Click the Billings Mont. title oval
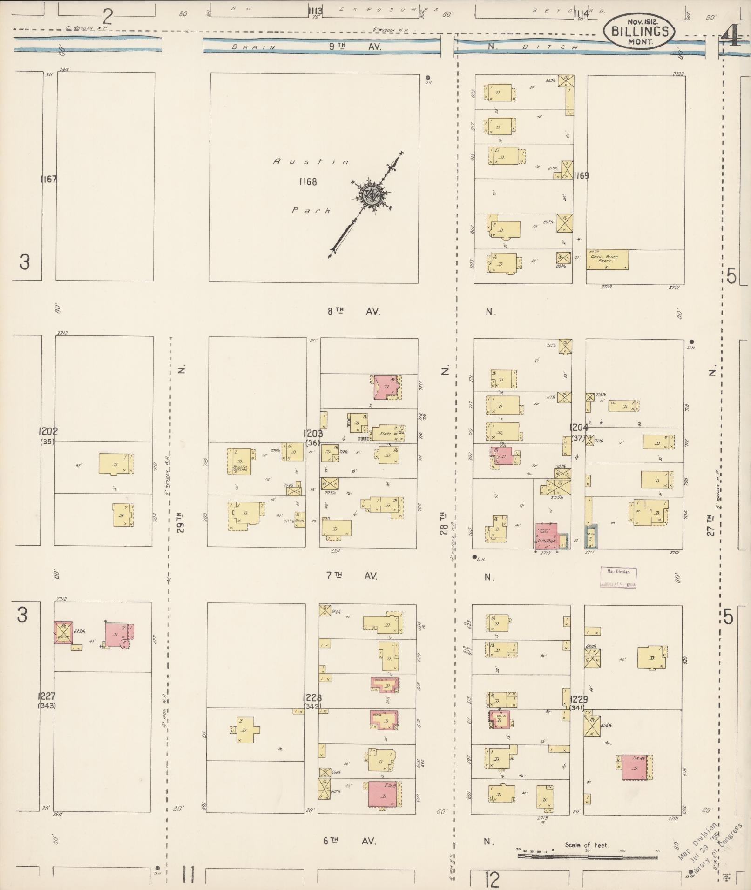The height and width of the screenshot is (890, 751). pyautogui.click(x=639, y=32)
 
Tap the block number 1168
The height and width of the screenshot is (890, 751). pyautogui.click(x=308, y=181)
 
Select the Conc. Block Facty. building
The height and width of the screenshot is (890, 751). pyautogui.click(x=607, y=260)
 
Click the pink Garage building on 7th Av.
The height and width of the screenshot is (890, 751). pyautogui.click(x=546, y=536)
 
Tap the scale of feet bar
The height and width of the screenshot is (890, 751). pyautogui.click(x=588, y=856)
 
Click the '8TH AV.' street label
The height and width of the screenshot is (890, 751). pyautogui.click(x=353, y=312)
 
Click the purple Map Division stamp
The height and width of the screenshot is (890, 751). pyautogui.click(x=618, y=578)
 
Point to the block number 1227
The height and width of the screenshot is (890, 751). pyautogui.click(x=47, y=696)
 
